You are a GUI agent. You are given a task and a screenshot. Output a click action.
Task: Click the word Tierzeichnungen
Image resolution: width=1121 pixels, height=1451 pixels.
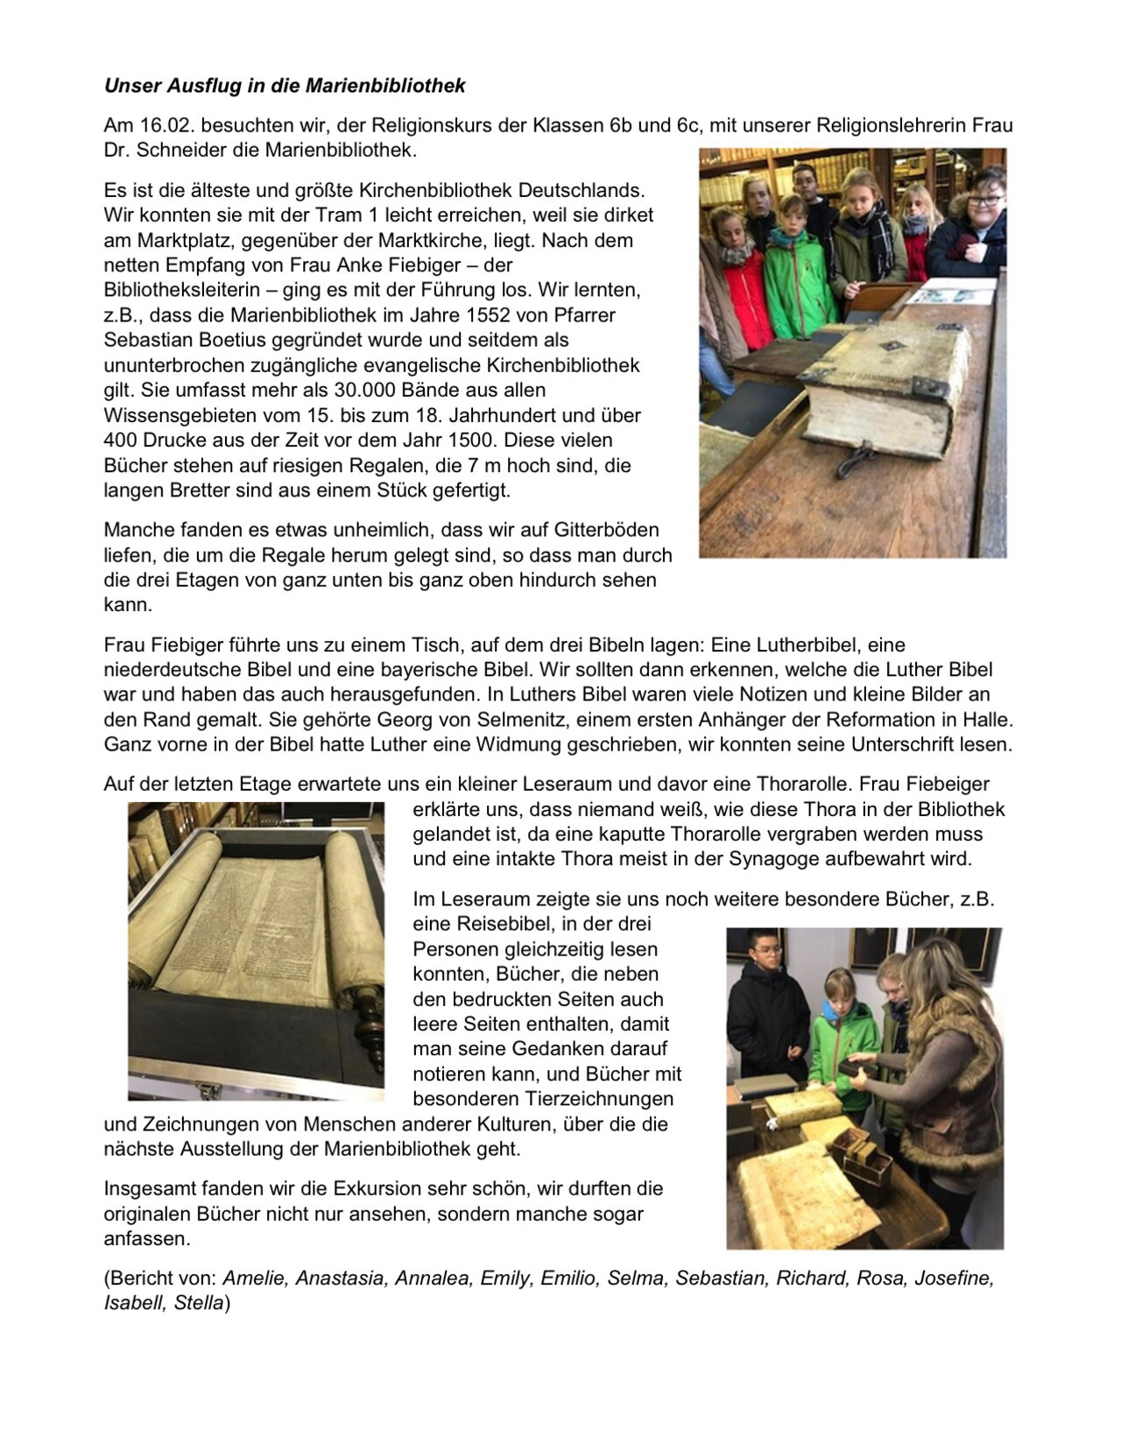tap(608, 1098)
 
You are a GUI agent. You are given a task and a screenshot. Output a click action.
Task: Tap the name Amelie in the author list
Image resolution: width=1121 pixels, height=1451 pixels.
tap(255, 1278)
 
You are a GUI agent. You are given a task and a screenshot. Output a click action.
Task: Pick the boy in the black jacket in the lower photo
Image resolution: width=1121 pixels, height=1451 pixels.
tap(758, 1007)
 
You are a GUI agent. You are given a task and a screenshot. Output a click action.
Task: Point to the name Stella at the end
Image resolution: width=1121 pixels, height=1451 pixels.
tap(199, 1303)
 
